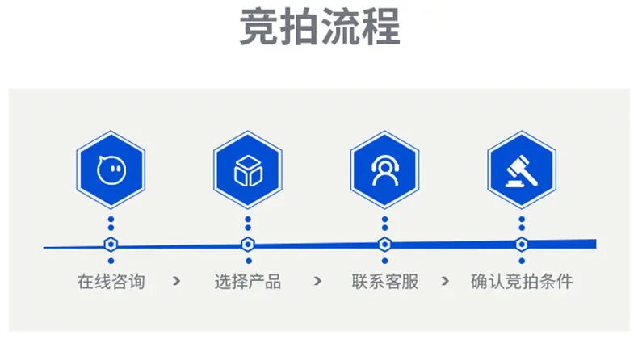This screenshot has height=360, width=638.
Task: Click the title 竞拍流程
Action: pos(320,27)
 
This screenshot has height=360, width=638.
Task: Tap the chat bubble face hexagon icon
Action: pos(111,170)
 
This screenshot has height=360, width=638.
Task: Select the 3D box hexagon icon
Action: pos(248,170)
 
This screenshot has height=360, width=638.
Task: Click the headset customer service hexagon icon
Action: pos(385,170)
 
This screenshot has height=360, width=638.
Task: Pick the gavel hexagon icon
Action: pos(522,170)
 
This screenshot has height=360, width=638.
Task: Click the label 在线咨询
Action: pos(111,282)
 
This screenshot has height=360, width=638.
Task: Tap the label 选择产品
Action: pos(248,282)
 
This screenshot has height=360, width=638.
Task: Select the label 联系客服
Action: pos(385,282)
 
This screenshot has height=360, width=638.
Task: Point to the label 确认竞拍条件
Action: pos(522,282)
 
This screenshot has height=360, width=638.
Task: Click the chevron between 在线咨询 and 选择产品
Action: pos(176,281)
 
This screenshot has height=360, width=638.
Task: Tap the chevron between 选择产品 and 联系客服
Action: pos(317,281)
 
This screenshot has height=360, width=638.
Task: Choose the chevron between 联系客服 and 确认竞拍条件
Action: pos(445,281)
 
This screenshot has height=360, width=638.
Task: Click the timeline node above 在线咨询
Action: pos(111,245)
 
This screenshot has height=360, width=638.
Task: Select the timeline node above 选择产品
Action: pos(248,245)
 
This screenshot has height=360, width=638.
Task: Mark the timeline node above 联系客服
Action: pos(385,245)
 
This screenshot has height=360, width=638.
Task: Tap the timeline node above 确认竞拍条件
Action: pos(522,245)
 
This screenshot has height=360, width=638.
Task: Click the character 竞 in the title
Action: pos(258,27)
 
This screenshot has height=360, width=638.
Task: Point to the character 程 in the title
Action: pos(382,27)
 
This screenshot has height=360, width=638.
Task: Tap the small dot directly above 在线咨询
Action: pos(111,261)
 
